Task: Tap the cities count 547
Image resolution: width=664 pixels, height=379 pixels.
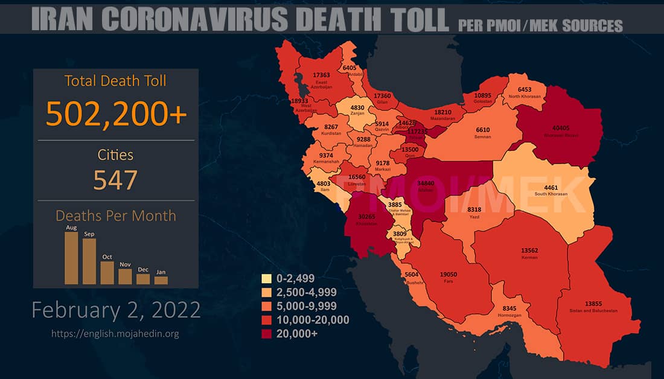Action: click(x=115, y=179)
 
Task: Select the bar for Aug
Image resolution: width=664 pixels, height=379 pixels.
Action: click(x=71, y=258)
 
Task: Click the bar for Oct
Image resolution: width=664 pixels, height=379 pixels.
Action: click(x=107, y=272)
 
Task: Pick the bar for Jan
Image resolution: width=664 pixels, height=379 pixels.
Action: click(x=161, y=280)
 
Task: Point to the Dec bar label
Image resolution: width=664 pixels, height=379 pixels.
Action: click(x=143, y=270)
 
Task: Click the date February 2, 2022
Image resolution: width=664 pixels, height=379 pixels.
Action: click(x=116, y=310)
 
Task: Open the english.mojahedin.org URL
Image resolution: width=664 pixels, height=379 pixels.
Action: click(x=115, y=333)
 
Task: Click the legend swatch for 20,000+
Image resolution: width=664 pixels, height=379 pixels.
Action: click(x=266, y=333)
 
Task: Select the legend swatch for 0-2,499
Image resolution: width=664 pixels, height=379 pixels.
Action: click(x=266, y=279)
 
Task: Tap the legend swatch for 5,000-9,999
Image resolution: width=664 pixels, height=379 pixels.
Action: click(x=266, y=306)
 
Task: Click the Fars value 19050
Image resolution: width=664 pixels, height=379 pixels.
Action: click(x=449, y=275)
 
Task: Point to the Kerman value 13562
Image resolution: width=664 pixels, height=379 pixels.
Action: click(x=529, y=250)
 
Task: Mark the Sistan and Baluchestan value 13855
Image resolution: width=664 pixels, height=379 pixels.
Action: click(x=593, y=303)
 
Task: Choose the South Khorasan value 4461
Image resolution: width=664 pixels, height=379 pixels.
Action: click(x=551, y=187)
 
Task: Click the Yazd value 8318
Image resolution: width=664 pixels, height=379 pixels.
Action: click(x=474, y=209)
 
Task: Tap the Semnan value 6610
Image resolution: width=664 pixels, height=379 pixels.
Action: click(x=483, y=130)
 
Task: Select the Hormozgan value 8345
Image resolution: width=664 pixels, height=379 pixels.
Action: click(x=509, y=308)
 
